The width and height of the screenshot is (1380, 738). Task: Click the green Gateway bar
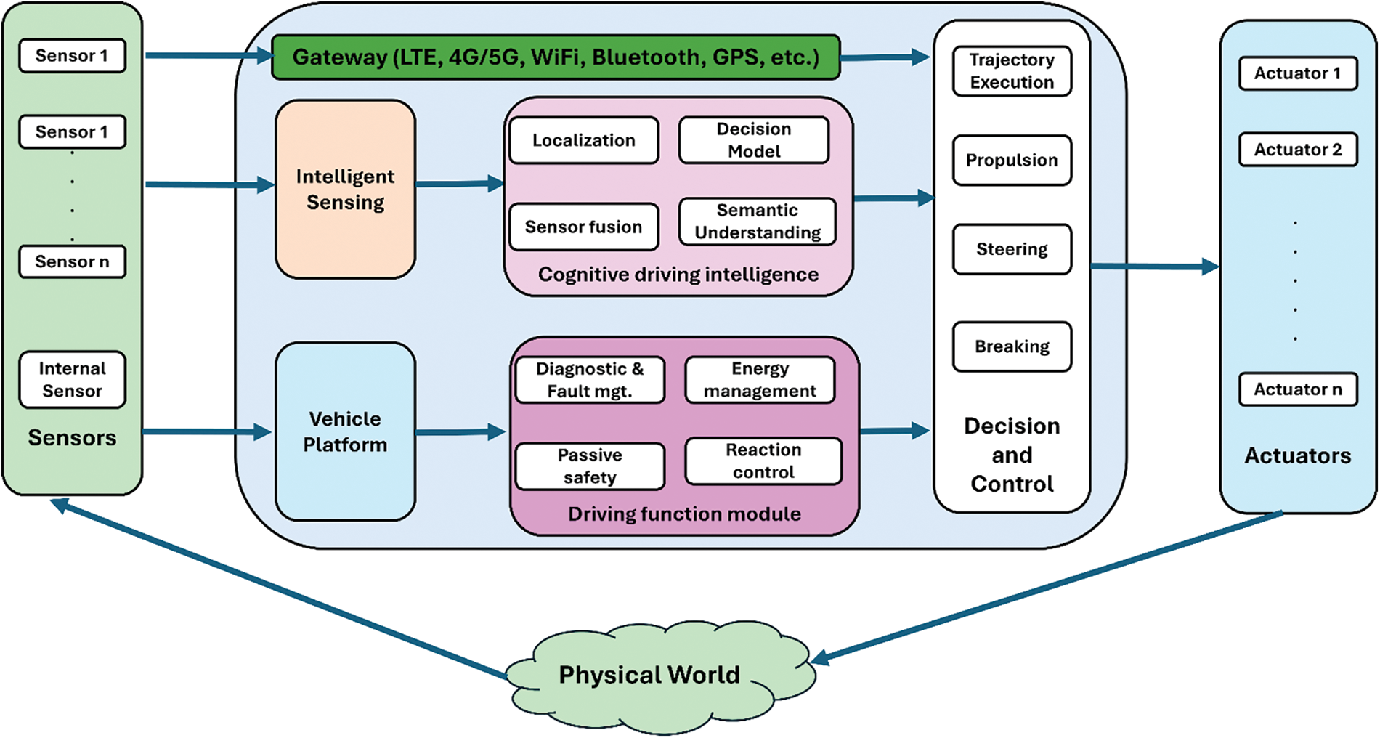pos(556,57)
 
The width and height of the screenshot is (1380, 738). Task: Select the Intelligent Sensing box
pos(345,189)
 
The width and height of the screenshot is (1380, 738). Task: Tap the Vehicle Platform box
pos(345,431)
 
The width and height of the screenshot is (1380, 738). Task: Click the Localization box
pos(584,140)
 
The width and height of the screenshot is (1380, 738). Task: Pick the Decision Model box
pos(754,140)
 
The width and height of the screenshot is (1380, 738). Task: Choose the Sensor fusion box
pos(584,227)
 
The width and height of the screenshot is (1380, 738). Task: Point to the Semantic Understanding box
pos(758,222)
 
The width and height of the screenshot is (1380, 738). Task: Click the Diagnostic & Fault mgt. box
pos(590,379)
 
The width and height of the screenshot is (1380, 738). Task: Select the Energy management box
pos(760,379)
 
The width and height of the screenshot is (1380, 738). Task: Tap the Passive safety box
pos(590,466)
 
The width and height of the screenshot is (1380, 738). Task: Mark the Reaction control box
pos(763,461)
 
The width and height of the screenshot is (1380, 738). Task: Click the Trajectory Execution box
pos(1012,71)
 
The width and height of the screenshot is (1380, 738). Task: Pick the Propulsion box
pos(1012,160)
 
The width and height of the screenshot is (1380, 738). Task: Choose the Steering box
pos(1012,249)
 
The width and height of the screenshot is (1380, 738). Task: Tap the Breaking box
pos(1012,346)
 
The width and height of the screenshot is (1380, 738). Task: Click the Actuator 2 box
pos(1298,150)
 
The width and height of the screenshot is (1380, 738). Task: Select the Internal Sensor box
pos(72,380)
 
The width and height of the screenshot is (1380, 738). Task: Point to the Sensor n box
pos(72,261)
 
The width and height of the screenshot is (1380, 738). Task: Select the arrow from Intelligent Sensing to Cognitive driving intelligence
pos(460,184)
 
